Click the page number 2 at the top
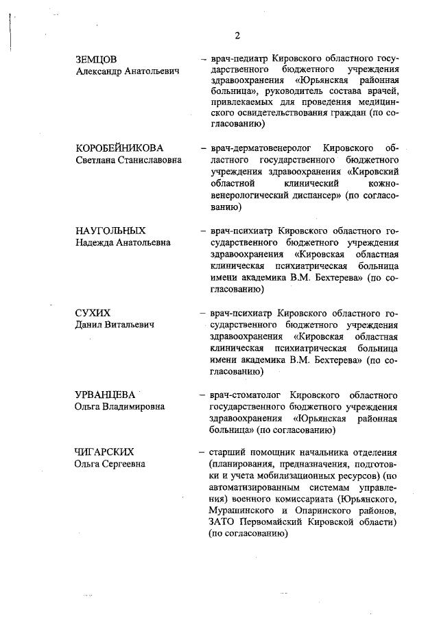click(237, 36)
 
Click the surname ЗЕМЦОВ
click(95, 60)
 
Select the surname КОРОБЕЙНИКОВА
click(119, 148)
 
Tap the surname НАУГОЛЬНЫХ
click(110, 231)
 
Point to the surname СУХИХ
click(93, 313)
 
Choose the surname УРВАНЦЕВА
click(106, 395)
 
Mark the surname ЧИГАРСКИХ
click(104, 451)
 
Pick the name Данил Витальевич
click(114, 325)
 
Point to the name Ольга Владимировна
click(119, 407)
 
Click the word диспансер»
click(311, 196)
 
